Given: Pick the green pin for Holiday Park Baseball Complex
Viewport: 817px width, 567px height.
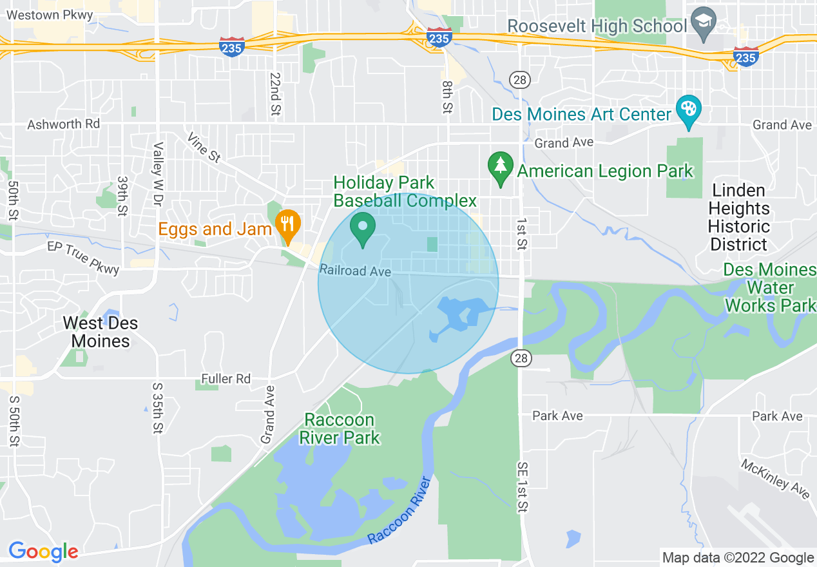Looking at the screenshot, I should coord(363,227).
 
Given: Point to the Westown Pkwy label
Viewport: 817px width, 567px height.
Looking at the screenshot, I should coord(51,14).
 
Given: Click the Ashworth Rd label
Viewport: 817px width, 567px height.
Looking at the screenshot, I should coord(63,124).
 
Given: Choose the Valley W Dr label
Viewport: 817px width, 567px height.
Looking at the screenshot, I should coord(157,174).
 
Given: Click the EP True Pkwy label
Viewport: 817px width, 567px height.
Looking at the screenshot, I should coord(84,256).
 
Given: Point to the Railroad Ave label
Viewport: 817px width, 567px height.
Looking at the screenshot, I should coord(356,271).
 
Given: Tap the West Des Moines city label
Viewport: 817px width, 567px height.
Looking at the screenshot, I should coord(101,332).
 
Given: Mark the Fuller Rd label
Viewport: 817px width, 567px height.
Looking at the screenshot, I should coord(226,379).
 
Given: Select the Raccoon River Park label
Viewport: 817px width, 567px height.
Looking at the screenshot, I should coord(339,429).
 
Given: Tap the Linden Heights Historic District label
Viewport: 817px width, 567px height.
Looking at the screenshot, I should coord(738,218).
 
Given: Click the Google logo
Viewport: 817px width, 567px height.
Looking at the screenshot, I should coord(43,552).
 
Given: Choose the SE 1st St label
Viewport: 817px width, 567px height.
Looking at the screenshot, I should coord(521,486).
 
